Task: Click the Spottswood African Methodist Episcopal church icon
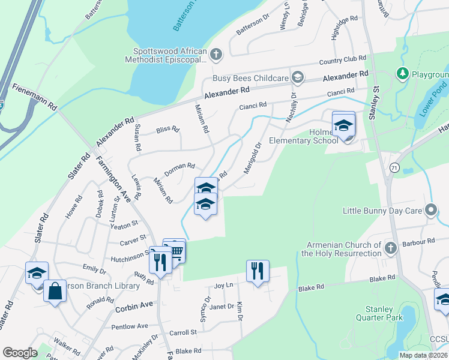pyautogui.click(x=216, y=55)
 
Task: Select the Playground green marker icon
pyautogui.click(x=402, y=74)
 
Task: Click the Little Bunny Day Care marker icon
pyautogui.click(x=430, y=211)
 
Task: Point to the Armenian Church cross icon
pyautogui.click(x=390, y=248)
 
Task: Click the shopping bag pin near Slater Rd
pyautogui.click(x=55, y=292)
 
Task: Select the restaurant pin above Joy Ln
pyautogui.click(x=257, y=271)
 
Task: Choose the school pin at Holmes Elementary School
pyautogui.click(x=344, y=125)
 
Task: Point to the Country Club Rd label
pyautogui.click(x=342, y=61)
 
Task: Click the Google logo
pyautogui.click(x=20, y=353)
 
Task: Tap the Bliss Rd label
pyautogui.click(x=167, y=129)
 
